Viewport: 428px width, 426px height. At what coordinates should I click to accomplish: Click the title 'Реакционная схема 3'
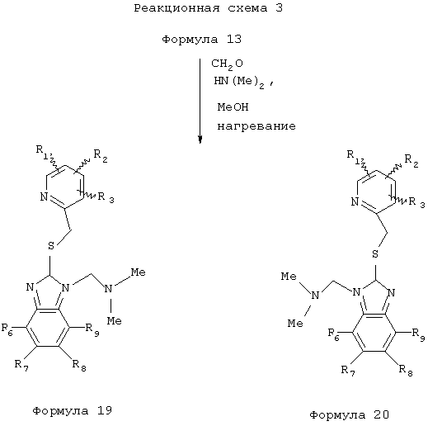(208, 8)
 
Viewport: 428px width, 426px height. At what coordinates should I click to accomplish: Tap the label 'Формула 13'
(201, 40)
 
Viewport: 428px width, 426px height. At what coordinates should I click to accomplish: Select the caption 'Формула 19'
(72, 411)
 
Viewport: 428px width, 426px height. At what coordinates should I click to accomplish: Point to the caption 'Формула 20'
(349, 414)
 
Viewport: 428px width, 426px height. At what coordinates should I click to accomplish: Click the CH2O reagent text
(227, 64)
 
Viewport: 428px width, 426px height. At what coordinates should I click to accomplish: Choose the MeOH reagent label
(233, 106)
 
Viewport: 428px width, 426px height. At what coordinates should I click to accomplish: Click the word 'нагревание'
(256, 126)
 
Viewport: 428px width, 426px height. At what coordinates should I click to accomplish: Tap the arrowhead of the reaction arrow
(200, 140)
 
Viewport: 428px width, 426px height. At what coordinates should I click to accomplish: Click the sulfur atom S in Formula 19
(51, 245)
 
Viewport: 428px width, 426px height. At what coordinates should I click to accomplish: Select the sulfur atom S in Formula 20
(375, 253)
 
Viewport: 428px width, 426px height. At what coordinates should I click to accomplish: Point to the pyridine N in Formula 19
(44, 196)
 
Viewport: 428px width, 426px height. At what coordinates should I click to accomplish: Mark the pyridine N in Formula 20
(355, 202)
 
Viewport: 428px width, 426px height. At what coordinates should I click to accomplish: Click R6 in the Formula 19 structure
(7, 329)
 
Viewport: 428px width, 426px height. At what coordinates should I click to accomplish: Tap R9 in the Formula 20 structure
(418, 334)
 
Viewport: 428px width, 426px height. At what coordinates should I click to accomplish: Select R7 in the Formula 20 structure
(348, 371)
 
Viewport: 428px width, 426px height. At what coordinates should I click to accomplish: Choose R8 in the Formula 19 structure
(79, 365)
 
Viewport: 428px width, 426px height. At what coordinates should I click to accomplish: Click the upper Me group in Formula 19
(138, 272)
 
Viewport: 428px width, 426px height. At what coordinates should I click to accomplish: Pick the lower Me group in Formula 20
(295, 323)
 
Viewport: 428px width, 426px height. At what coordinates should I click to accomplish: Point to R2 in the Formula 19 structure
(101, 156)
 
